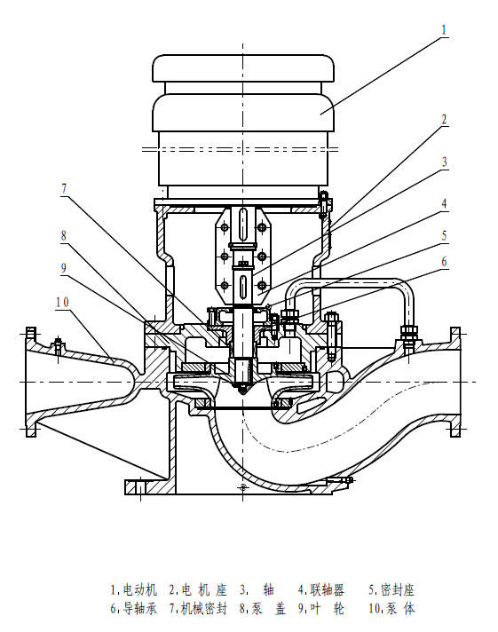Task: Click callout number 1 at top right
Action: tap(444, 30)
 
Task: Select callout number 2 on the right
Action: tap(444, 119)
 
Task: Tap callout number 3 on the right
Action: tap(445, 162)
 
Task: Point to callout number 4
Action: tap(445, 203)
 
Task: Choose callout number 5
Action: tap(445, 235)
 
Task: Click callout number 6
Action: tap(445, 262)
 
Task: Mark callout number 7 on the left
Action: tap(64, 189)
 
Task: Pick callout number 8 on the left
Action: tap(64, 235)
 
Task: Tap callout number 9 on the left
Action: tap(64, 268)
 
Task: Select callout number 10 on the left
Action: tap(62, 302)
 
